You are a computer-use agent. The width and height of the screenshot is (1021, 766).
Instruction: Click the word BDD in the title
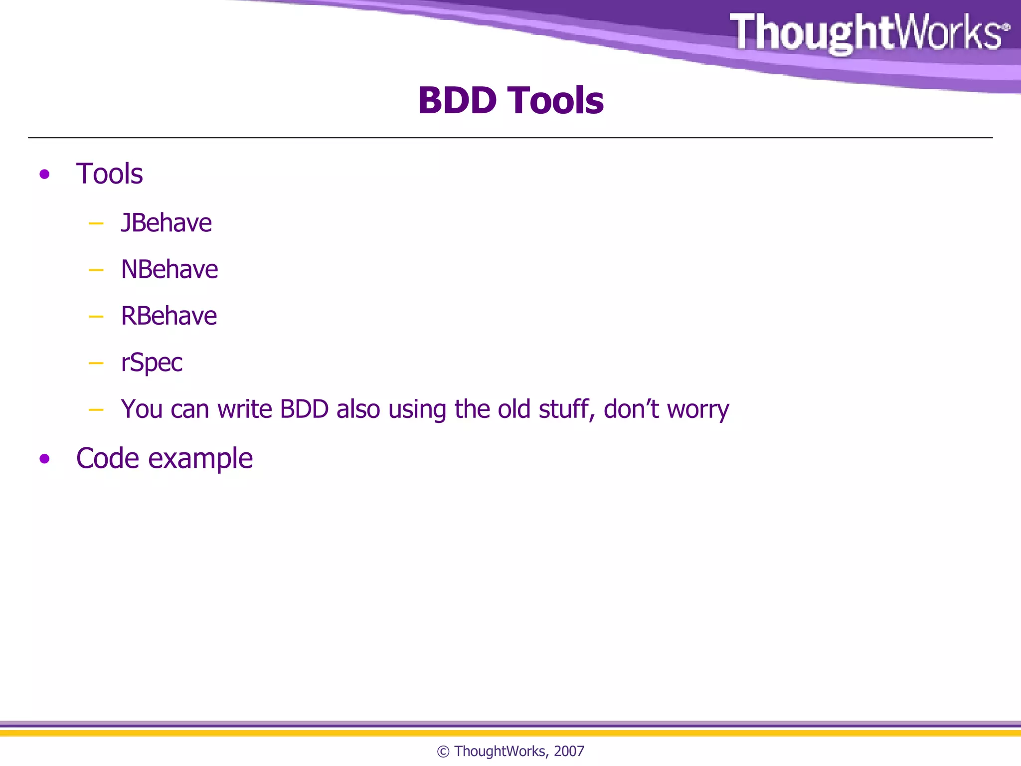pyautogui.click(x=457, y=101)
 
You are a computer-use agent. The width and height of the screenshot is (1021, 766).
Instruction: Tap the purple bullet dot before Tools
pyautogui.click(x=44, y=174)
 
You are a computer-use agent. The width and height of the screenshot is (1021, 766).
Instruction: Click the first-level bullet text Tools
pyautogui.click(x=109, y=174)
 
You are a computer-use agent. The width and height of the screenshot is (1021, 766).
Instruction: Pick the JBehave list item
pyautogui.click(x=166, y=223)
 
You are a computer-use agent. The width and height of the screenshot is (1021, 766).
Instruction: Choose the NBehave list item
pyautogui.click(x=169, y=269)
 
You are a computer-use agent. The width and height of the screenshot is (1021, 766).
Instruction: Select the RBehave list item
pyautogui.click(x=169, y=316)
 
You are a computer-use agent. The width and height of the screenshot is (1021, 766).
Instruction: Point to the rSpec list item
pyautogui.click(x=152, y=363)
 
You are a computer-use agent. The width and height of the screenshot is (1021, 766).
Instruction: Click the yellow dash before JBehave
pyautogui.click(x=96, y=224)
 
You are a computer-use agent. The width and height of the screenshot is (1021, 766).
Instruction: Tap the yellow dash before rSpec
pyautogui.click(x=96, y=364)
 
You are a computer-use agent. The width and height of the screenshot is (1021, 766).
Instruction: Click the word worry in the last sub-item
pyautogui.click(x=698, y=410)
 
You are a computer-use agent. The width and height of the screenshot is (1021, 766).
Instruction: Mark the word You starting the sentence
pyautogui.click(x=142, y=409)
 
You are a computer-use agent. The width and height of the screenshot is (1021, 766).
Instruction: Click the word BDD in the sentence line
pyautogui.click(x=304, y=409)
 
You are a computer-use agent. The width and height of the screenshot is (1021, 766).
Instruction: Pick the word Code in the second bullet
pyautogui.click(x=107, y=458)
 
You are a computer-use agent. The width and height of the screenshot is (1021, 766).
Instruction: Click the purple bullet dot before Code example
pyautogui.click(x=44, y=458)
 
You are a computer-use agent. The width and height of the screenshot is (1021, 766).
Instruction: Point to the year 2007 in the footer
pyautogui.click(x=569, y=751)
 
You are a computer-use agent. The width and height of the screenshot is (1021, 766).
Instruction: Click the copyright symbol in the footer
pyautogui.click(x=443, y=752)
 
